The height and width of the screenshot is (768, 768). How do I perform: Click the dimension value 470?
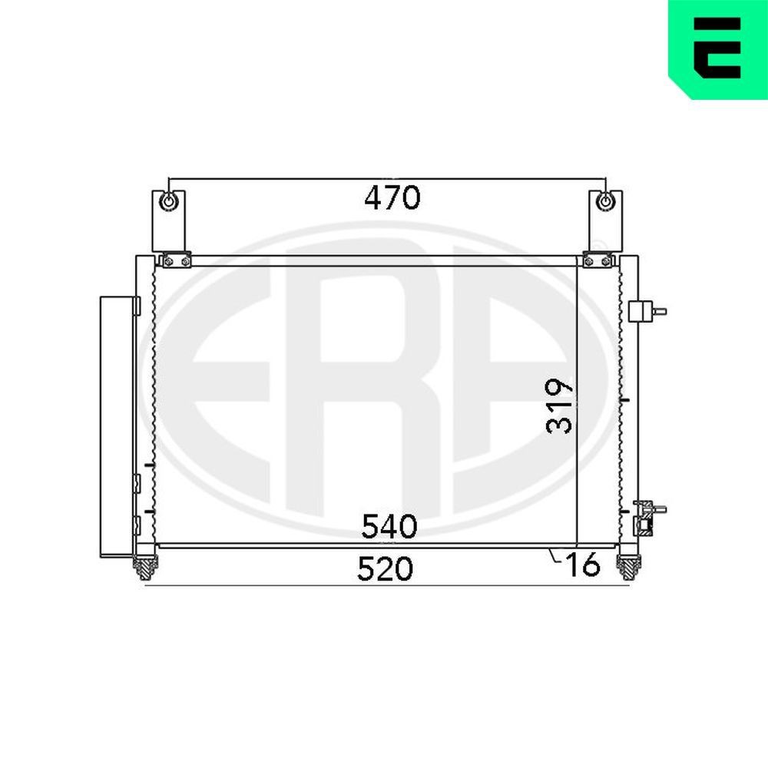tap(392, 198)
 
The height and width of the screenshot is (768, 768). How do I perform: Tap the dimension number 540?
tap(389, 527)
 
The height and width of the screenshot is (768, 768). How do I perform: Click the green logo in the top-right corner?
tap(717, 48)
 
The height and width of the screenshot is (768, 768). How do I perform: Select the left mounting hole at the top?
tap(168, 202)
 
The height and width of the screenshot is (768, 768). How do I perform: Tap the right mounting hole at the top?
tap(606, 202)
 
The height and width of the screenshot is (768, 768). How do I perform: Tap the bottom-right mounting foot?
tap(627, 567)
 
